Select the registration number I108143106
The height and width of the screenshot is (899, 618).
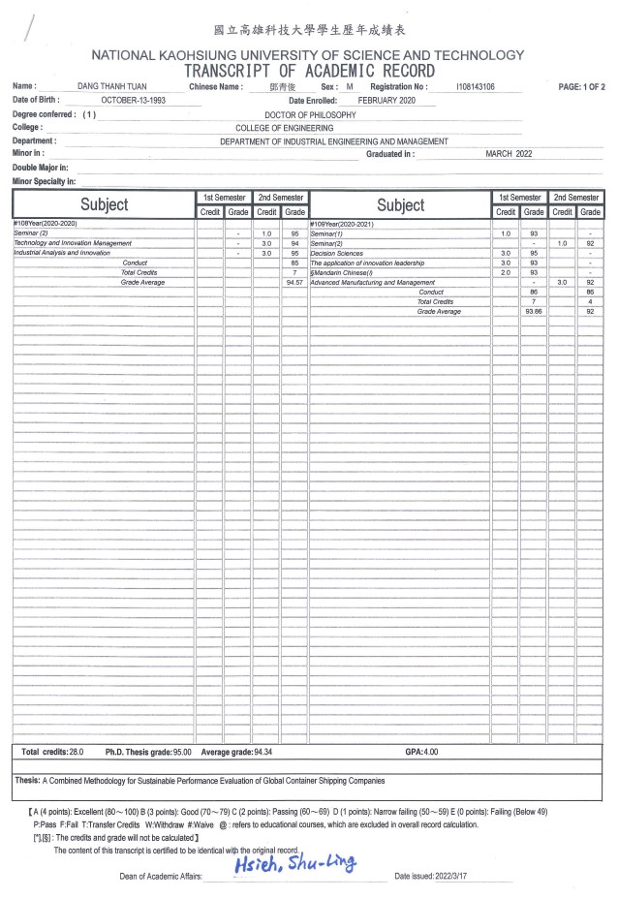pyautogui.click(x=475, y=87)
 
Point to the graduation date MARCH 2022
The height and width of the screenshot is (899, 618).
pyautogui.click(x=509, y=154)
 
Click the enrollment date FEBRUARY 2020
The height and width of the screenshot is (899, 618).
pyautogui.click(x=386, y=100)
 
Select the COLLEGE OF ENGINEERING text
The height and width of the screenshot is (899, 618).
pyautogui.click(x=284, y=128)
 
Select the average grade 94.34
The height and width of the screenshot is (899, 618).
pyautogui.click(x=255, y=752)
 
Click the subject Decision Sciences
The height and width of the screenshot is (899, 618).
pyautogui.click(x=336, y=253)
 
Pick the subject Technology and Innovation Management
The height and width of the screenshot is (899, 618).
pyautogui.click(x=72, y=243)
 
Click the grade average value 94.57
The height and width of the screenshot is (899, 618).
pyautogui.click(x=294, y=282)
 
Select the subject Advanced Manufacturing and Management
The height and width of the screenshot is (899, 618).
pyautogui.click(x=372, y=282)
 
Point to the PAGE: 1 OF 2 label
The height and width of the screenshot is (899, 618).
pyautogui.click(x=581, y=87)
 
